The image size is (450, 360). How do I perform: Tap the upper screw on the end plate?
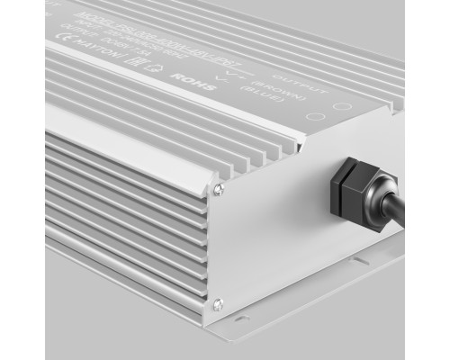[217, 188]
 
